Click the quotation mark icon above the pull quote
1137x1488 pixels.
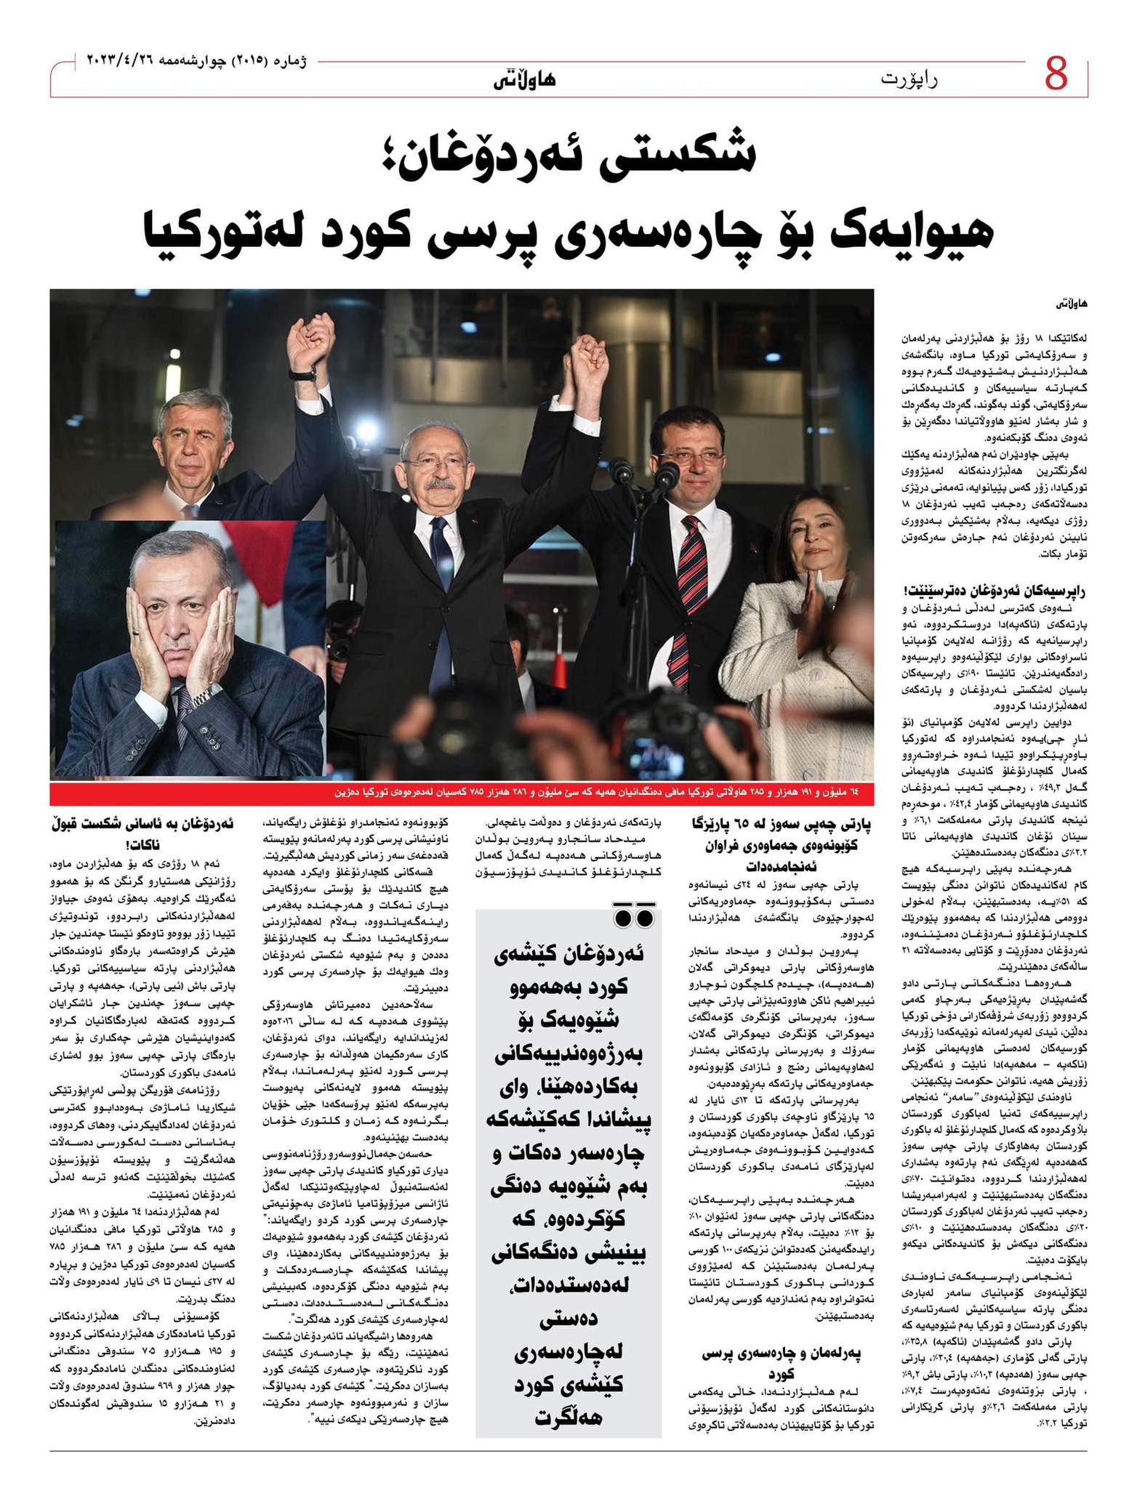[x=633, y=918]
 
